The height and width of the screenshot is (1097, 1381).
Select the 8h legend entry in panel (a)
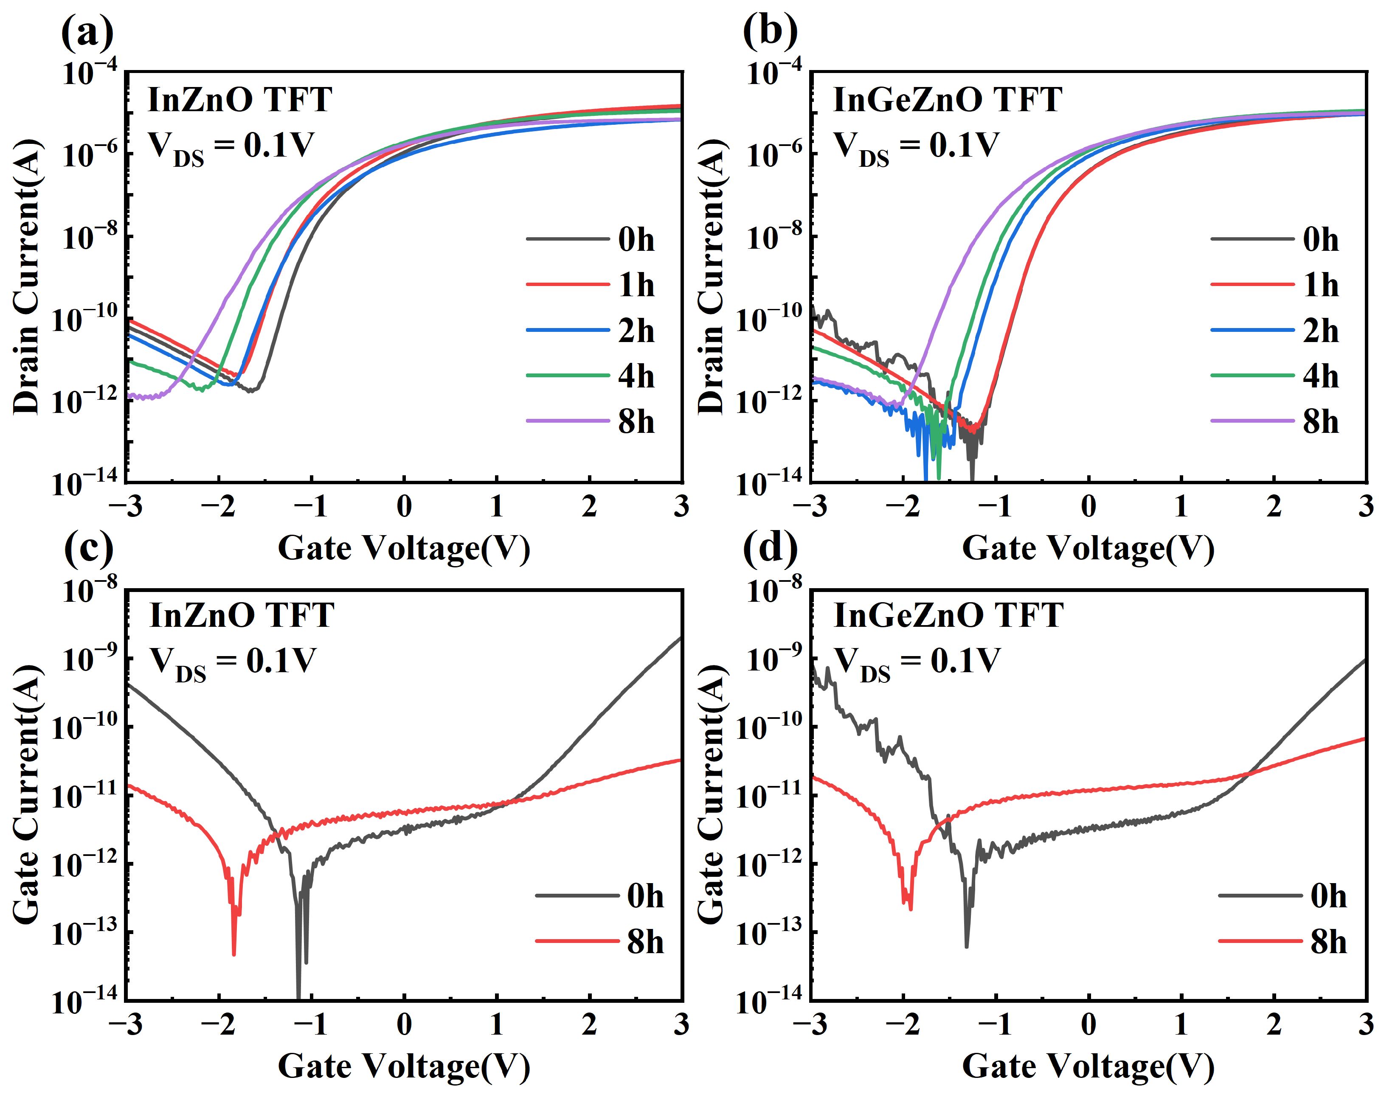coord(591,421)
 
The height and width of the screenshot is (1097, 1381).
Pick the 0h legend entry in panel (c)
coord(599,895)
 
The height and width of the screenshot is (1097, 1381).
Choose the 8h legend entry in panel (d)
coord(1283,941)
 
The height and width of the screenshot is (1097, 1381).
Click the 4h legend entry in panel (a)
coord(591,376)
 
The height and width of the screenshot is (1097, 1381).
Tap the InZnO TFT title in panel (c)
coord(242,615)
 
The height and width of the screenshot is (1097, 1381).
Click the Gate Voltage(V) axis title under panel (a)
coord(404,548)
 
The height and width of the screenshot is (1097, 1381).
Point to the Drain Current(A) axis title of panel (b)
coord(711,277)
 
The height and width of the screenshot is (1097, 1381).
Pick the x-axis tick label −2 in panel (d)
coord(903,1024)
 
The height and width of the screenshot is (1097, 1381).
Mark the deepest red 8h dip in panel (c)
coord(234,954)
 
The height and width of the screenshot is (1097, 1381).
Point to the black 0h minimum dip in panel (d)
coord(967,946)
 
